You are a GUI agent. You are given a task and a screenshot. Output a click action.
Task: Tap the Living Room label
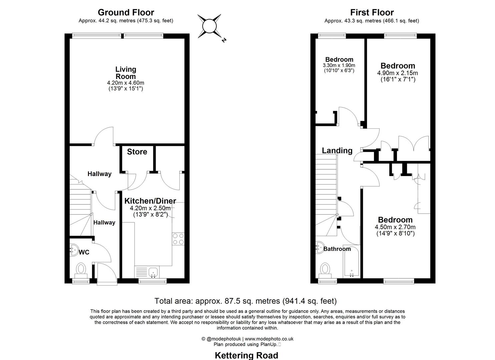126,73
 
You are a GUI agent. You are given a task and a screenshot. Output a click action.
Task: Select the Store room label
137,152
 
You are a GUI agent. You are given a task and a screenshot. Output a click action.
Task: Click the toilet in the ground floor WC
81,269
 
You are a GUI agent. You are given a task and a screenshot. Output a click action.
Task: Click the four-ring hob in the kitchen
178,239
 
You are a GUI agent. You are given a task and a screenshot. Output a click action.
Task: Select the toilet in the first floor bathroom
325,269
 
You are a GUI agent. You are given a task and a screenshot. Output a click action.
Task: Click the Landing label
337,151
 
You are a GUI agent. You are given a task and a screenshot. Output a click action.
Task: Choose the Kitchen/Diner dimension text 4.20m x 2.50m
150,208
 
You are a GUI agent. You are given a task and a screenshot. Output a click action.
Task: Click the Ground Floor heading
126,13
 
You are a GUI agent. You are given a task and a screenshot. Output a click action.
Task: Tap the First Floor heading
372,13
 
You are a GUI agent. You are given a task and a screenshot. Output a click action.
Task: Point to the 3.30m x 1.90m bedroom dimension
339,65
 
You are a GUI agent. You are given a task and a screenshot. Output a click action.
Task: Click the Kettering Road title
246,355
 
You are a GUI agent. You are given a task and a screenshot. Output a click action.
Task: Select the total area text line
245,301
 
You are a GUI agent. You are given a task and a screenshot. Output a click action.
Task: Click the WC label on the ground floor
84,252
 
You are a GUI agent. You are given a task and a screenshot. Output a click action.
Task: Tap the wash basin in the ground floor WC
73,249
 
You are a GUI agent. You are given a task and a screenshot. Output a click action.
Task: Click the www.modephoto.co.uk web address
269,339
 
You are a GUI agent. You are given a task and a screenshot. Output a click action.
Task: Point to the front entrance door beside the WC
107,273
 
